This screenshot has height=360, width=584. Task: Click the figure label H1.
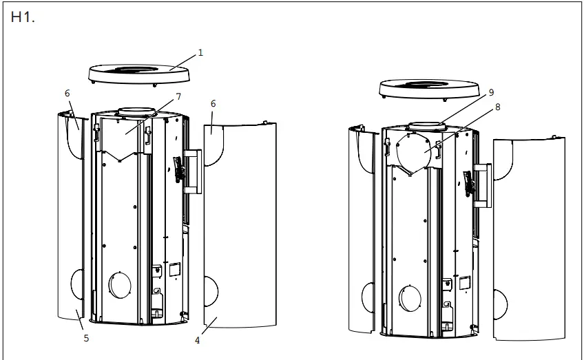(23, 18)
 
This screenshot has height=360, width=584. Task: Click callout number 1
(200, 52)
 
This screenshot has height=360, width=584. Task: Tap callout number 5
(86, 338)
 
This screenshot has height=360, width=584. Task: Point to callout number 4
(197, 339)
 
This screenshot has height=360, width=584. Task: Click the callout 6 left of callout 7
(67, 92)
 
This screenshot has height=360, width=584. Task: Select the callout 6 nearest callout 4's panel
(213, 103)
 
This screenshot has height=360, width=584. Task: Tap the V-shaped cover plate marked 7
(123, 141)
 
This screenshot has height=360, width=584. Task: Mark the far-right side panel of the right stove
(530, 241)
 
